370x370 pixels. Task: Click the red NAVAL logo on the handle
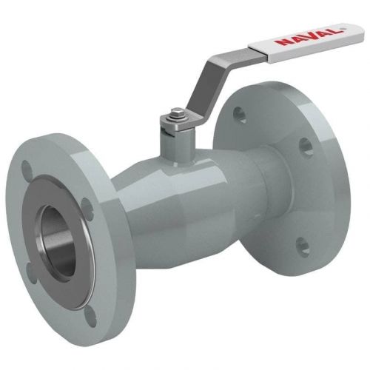click(308, 38)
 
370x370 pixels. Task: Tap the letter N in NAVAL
click(281, 42)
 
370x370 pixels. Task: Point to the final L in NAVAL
click(334, 31)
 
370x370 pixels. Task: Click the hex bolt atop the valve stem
click(177, 114)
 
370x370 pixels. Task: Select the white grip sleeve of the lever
click(306, 42)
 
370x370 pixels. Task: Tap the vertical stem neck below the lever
click(175, 146)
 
